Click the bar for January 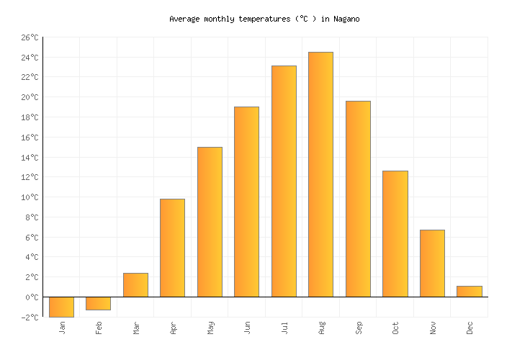click(61, 307)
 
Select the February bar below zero click(98, 303)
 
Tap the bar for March click(135, 285)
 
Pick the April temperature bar click(172, 248)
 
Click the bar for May click(210, 222)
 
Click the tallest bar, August click(320, 174)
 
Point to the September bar click(358, 199)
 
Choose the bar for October click(395, 234)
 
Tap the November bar click(432, 264)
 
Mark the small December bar click(469, 292)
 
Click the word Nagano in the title click(346, 19)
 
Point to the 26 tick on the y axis click(30, 37)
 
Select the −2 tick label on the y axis click(30, 317)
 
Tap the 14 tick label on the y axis click(30, 158)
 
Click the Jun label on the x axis click(247, 328)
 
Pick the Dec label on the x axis click(470, 328)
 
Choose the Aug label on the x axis click(321, 328)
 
